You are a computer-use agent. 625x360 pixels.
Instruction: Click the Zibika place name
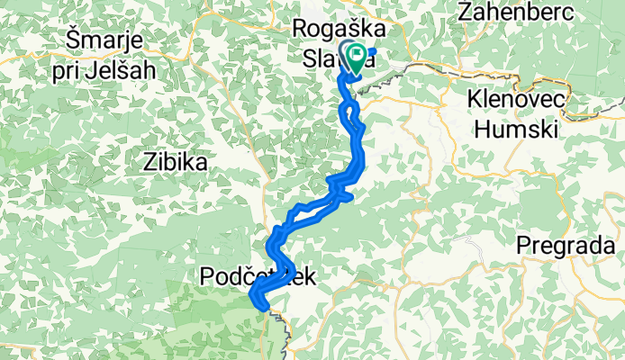tap(175, 163)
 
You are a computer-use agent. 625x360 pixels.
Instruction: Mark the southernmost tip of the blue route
tap(263, 309)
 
